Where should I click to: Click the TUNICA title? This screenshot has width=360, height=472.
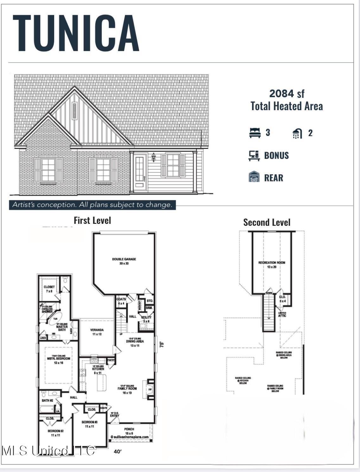tap(76, 33)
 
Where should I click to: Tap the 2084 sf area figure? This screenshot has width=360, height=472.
tap(287, 93)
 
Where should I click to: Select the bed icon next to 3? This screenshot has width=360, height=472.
tap(255, 133)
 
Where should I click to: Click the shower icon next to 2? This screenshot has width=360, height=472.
tap(297, 133)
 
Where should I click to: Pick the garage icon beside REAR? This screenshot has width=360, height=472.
tap(254, 177)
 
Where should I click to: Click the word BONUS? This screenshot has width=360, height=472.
tap(276, 155)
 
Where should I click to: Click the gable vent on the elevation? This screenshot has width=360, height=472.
tap(75, 111)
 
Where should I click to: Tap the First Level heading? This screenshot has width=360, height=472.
tap(92, 220)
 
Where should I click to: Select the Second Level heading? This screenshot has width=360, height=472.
tap(267, 223)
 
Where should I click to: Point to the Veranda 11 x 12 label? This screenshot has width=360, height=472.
tap(97, 332)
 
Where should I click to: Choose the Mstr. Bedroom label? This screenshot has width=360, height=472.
tap(59, 359)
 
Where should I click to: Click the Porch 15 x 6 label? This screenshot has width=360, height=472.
tap(129, 431)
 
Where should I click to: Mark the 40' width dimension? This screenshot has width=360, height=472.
tap(117, 452)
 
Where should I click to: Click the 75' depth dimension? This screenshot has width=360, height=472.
tap(162, 344)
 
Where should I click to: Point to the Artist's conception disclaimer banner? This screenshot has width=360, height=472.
tap(92, 205)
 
